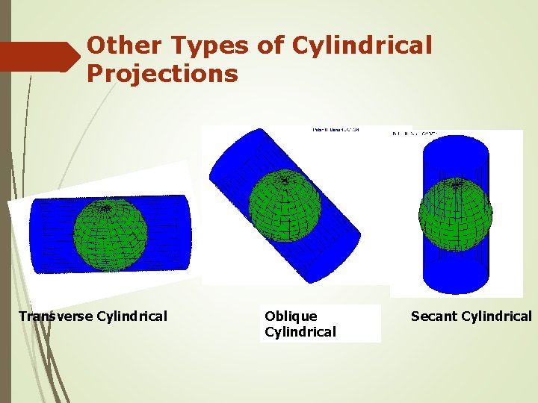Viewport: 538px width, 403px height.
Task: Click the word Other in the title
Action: point(123,46)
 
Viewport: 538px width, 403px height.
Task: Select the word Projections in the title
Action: point(162,74)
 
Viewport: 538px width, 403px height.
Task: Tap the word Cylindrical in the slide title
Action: point(362,46)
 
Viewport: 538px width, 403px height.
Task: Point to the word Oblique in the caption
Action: point(291,316)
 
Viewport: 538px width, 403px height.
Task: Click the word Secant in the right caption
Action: point(433,316)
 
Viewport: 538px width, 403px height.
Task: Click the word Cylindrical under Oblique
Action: point(300,332)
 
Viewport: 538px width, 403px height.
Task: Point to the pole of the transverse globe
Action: point(107,208)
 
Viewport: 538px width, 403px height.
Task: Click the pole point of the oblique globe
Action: point(284,180)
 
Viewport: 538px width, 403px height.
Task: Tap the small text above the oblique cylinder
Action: point(335,131)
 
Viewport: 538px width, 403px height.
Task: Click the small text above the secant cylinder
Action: point(415,134)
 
